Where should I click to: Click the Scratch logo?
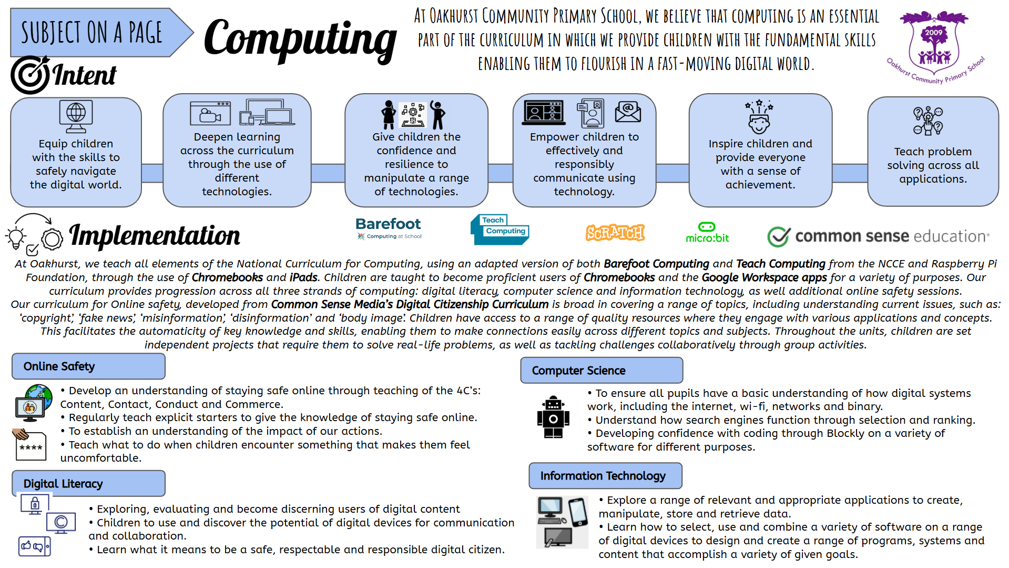[615, 233]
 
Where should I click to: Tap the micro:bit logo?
[707, 233]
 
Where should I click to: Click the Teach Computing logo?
[500, 230]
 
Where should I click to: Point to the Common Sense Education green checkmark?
[778, 236]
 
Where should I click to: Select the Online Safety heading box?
[88, 366]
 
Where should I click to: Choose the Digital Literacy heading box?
[88, 484]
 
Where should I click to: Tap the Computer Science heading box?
[601, 371]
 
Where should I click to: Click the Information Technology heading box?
[605, 476]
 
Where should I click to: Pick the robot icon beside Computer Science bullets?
[553, 417]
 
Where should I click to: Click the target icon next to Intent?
[30, 75]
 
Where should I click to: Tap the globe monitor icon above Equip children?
[76, 116]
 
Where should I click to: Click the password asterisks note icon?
[30, 445]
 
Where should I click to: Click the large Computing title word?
[300, 38]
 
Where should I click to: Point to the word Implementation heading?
[155, 235]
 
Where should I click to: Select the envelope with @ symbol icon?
[628, 111]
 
